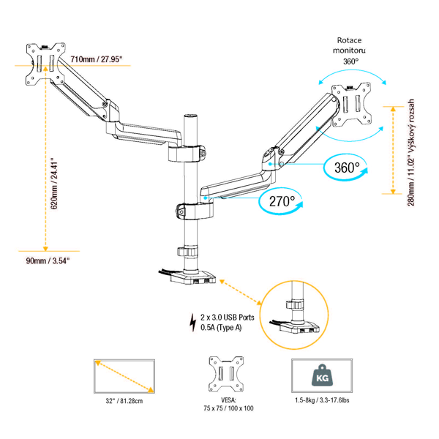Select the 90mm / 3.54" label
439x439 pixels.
click(48, 260)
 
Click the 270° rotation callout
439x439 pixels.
click(280, 200)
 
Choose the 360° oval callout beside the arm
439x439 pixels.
click(348, 168)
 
